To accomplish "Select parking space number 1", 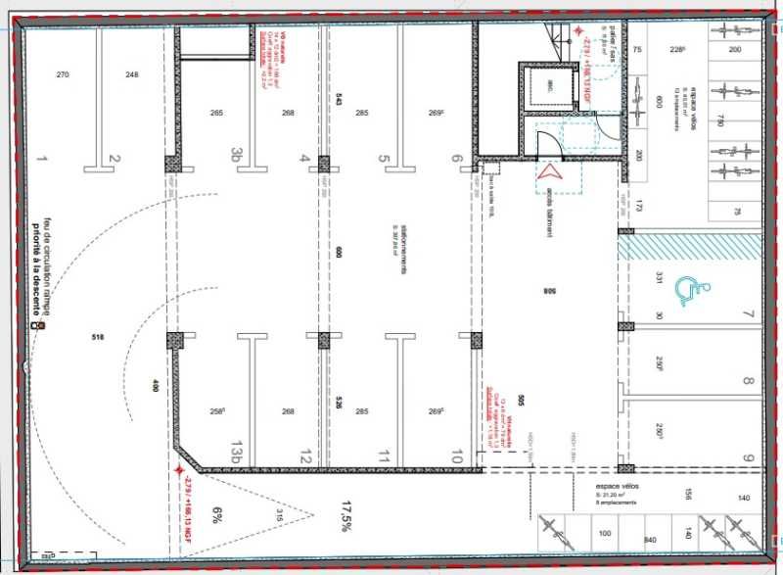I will click(41, 159).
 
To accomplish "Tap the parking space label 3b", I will click(236, 155).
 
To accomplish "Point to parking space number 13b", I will click(236, 454).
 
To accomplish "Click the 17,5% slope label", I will click(345, 515).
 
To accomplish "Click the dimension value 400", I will click(153, 385).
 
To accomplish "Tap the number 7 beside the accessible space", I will click(747, 314).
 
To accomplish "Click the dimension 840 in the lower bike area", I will click(648, 540).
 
